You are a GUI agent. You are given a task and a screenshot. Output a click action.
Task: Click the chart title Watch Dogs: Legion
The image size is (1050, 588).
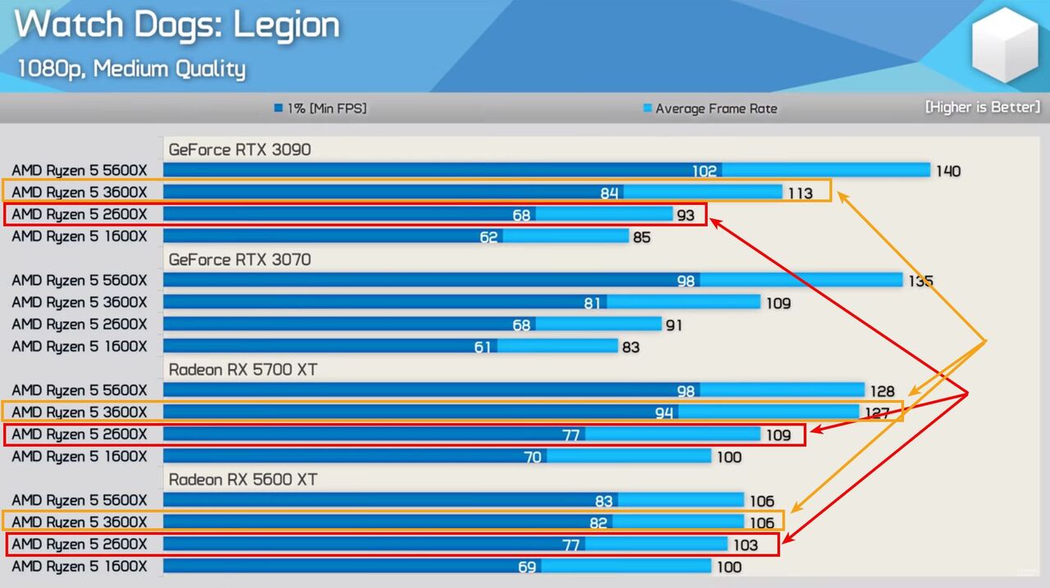pos(176,25)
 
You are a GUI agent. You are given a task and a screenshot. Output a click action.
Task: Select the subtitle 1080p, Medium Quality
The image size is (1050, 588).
pos(131,68)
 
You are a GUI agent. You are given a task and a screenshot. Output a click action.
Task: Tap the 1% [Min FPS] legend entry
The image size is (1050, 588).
pos(321,108)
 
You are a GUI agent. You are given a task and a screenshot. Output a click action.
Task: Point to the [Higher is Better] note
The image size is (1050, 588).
pos(982,107)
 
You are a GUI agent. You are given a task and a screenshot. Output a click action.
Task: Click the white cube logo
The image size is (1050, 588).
pos(1004,46)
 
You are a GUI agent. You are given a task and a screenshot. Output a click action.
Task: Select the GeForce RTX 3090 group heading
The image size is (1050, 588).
pos(240,149)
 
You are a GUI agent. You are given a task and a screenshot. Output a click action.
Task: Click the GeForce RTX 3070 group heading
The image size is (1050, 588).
pos(240,259)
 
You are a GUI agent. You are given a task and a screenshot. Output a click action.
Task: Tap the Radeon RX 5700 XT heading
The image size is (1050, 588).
pos(243,369)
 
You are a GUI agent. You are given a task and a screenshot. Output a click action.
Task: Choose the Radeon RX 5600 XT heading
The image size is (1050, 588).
pos(243,479)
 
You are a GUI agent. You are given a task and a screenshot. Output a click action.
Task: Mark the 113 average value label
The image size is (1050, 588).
pos(799,194)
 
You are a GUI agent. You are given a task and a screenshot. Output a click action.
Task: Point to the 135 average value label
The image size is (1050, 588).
pos(920,281)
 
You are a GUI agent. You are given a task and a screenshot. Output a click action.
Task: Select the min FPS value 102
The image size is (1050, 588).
pos(704,171)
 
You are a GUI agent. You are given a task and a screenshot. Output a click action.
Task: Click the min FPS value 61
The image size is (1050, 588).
pos(483,347)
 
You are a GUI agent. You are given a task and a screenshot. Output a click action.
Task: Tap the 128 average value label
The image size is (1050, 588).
pos(881,391)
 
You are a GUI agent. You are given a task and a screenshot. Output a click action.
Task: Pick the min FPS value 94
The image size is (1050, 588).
pos(664,413)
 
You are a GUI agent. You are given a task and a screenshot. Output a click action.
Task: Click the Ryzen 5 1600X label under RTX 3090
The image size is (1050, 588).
pos(80,237)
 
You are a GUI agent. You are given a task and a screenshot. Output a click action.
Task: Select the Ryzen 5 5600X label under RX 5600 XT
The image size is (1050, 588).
pos(80,500)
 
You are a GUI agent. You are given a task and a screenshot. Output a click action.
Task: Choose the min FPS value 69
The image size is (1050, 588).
pos(527,567)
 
